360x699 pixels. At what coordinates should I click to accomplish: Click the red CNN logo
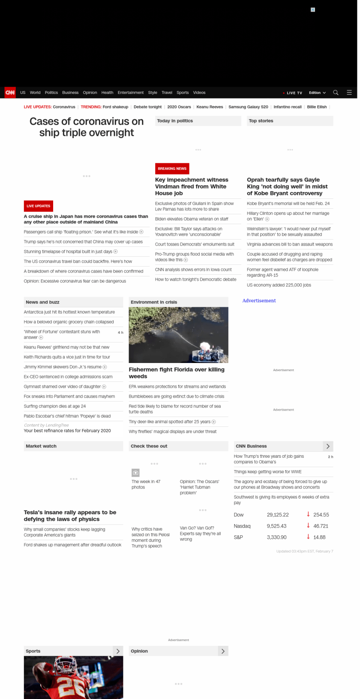[x=10, y=93]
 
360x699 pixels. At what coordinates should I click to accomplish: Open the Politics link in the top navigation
[x=51, y=93]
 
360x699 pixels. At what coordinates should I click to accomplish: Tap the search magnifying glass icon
[x=336, y=93]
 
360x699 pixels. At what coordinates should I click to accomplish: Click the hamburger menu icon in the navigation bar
[x=349, y=93]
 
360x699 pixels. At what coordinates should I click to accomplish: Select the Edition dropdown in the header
[x=317, y=93]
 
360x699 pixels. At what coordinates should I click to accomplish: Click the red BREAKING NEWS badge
[x=172, y=168]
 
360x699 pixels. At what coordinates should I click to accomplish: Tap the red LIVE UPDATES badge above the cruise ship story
[x=38, y=206]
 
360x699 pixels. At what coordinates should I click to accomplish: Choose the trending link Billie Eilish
[x=317, y=107]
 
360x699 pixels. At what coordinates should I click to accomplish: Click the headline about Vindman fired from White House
[x=192, y=186]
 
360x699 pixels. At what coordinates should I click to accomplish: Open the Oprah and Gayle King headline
[x=287, y=186]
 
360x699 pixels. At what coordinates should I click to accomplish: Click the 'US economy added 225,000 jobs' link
[x=279, y=285]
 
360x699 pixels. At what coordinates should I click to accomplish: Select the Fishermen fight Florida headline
[x=177, y=373]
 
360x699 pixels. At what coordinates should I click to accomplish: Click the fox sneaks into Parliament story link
[x=69, y=396]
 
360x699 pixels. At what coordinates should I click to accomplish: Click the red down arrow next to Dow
[x=308, y=514]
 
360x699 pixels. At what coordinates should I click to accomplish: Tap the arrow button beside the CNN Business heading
[x=328, y=446]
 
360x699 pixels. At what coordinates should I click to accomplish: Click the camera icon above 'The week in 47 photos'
[x=135, y=473]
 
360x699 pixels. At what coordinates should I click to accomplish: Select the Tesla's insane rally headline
[x=70, y=516]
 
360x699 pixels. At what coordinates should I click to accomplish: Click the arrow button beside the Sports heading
[x=118, y=651]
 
